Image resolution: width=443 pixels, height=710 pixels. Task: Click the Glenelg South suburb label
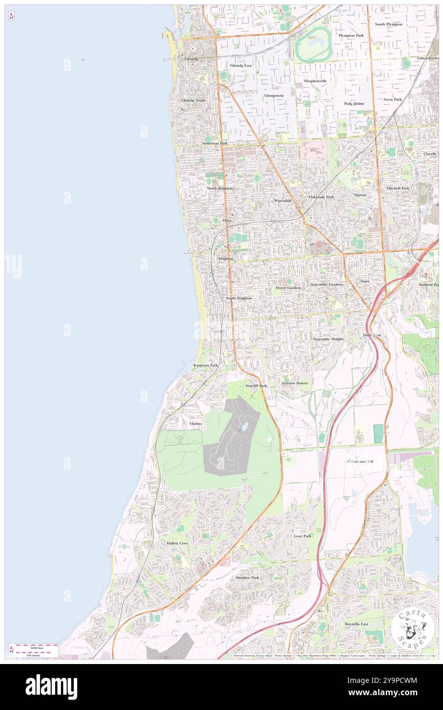193,100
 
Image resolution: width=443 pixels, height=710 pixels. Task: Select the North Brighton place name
219,188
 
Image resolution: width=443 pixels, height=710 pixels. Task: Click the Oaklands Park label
321,197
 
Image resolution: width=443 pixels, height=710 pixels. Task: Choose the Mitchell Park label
397,188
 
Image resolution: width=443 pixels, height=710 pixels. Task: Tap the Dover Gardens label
289,288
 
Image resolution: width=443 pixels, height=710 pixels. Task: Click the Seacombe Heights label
328,339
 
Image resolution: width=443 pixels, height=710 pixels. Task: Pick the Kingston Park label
206,365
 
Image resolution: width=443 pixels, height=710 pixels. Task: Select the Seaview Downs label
295,383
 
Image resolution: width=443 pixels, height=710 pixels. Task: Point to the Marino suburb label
196,423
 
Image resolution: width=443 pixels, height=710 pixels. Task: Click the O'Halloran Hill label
360,462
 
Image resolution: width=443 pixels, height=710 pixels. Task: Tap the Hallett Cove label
178,543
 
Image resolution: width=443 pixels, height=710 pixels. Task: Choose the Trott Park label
302,536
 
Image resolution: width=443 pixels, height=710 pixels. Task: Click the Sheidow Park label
247,578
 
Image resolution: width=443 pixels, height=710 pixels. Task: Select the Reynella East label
357,624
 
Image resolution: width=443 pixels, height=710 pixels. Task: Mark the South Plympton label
388,24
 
